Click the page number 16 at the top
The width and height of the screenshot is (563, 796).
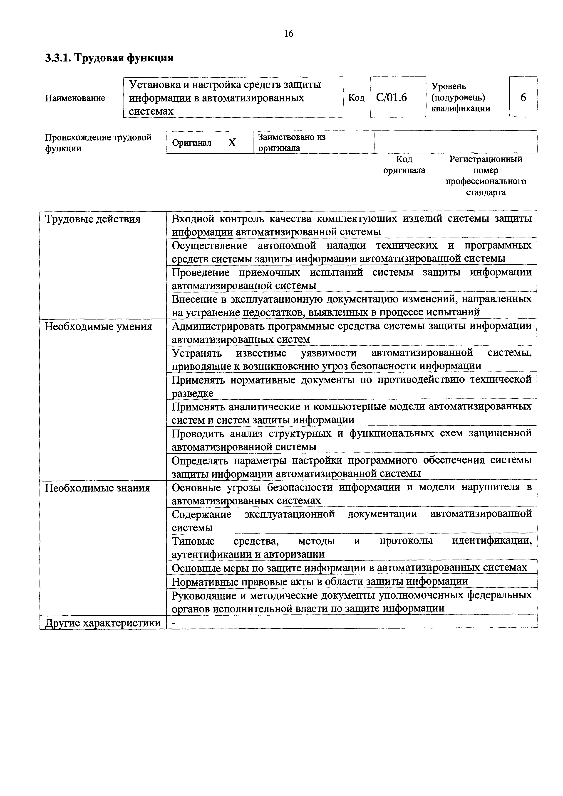coord(288,34)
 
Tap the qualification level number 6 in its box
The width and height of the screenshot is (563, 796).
coord(523,97)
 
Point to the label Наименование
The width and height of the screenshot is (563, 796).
coord(75,98)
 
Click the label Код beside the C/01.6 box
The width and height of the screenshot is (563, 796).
coord(356,98)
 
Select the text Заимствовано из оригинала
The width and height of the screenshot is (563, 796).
coord(291,142)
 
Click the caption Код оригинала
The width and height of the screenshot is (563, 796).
coord(404,165)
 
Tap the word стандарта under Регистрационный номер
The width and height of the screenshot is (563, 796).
coord(486,192)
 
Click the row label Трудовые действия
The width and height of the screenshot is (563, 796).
coord(93,219)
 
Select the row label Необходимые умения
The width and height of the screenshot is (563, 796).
coord(99,327)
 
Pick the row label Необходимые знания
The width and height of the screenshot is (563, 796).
coord(97,488)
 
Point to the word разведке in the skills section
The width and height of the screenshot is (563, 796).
coord(193,393)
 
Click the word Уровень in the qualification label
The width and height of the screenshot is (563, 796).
coord(449,86)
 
